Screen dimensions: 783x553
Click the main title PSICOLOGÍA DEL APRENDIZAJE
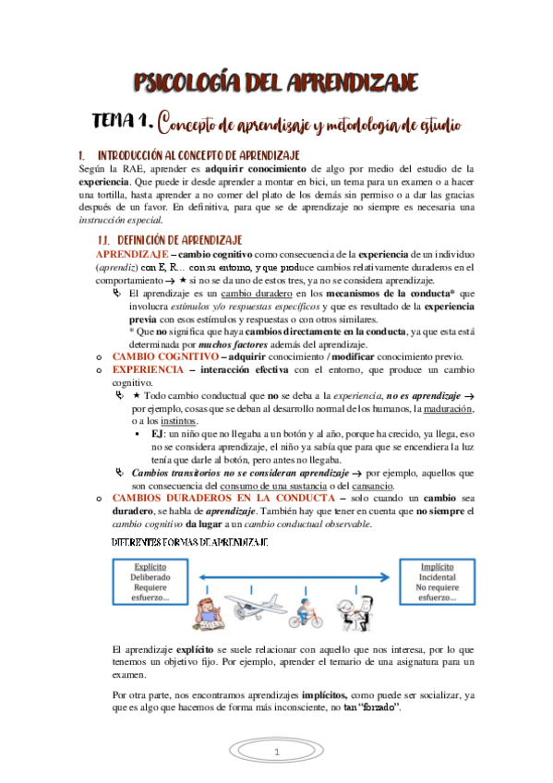276,84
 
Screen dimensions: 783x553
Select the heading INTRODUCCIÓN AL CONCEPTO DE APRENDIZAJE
200,155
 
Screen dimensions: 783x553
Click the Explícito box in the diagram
150,581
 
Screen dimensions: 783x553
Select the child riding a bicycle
302,613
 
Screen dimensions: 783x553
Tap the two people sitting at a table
354,609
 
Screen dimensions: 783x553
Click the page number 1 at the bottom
275,754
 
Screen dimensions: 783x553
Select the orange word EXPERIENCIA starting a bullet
148,369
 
